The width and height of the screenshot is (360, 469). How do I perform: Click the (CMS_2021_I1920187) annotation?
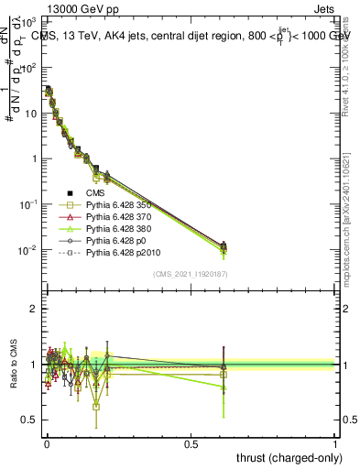coord(190,273)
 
